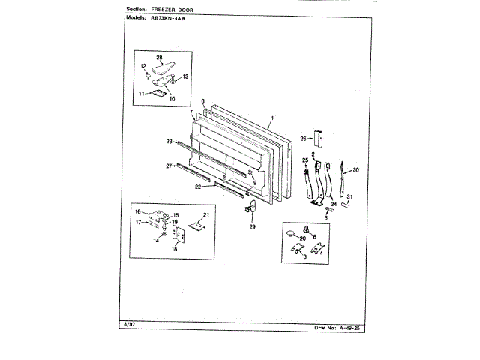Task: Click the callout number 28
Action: click(159, 58)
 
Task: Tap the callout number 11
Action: click(139, 94)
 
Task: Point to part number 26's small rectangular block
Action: click(317, 138)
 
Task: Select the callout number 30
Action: click(355, 170)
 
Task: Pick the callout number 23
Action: click(169, 141)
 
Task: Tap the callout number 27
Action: click(169, 166)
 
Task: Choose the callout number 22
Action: click(199, 187)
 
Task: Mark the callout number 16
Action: click(138, 212)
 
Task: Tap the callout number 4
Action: click(322, 253)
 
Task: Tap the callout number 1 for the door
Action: click(271, 118)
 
